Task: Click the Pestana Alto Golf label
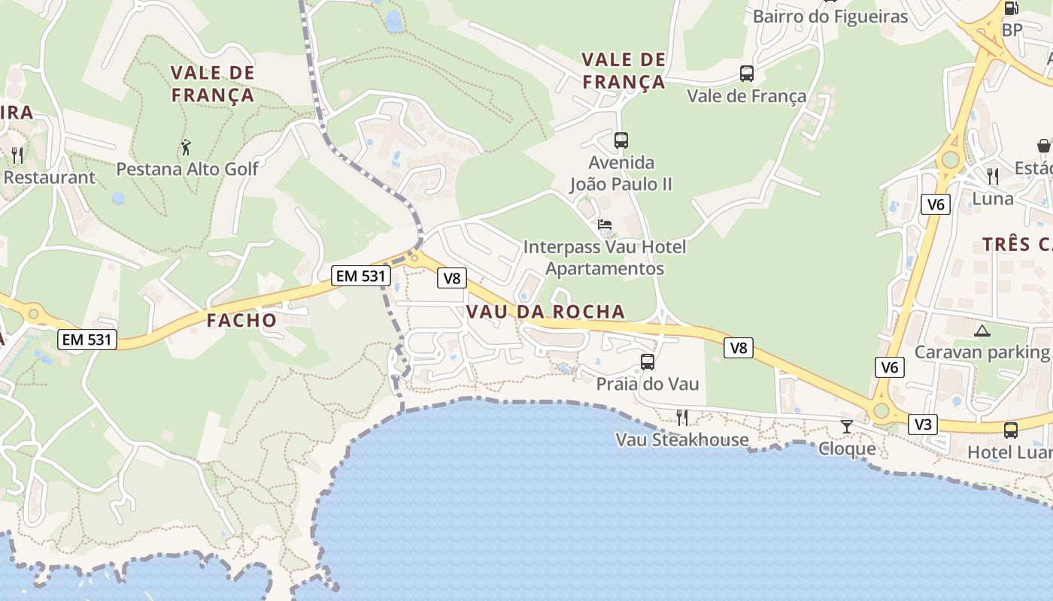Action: click(x=187, y=169)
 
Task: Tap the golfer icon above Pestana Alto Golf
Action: click(x=186, y=147)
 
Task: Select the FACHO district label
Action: click(x=241, y=320)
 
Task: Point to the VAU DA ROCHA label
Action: click(x=545, y=312)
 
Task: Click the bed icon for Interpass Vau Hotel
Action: click(x=605, y=225)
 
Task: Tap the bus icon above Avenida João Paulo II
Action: click(x=621, y=140)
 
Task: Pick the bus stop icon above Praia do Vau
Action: click(x=647, y=362)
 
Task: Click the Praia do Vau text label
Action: click(x=647, y=384)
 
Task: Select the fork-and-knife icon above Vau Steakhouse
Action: click(x=682, y=417)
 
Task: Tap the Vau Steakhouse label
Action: click(x=682, y=439)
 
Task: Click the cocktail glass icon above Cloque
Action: click(x=847, y=427)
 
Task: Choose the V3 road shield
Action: click(x=922, y=424)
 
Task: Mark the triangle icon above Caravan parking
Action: click(x=982, y=331)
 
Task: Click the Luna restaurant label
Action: click(x=993, y=199)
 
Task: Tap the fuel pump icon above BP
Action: click(x=1012, y=8)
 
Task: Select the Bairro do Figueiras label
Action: click(x=830, y=16)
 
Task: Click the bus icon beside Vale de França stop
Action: click(x=746, y=74)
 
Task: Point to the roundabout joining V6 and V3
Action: click(x=881, y=411)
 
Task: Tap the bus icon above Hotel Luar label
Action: click(x=1011, y=430)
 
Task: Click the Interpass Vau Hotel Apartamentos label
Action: click(x=605, y=257)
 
